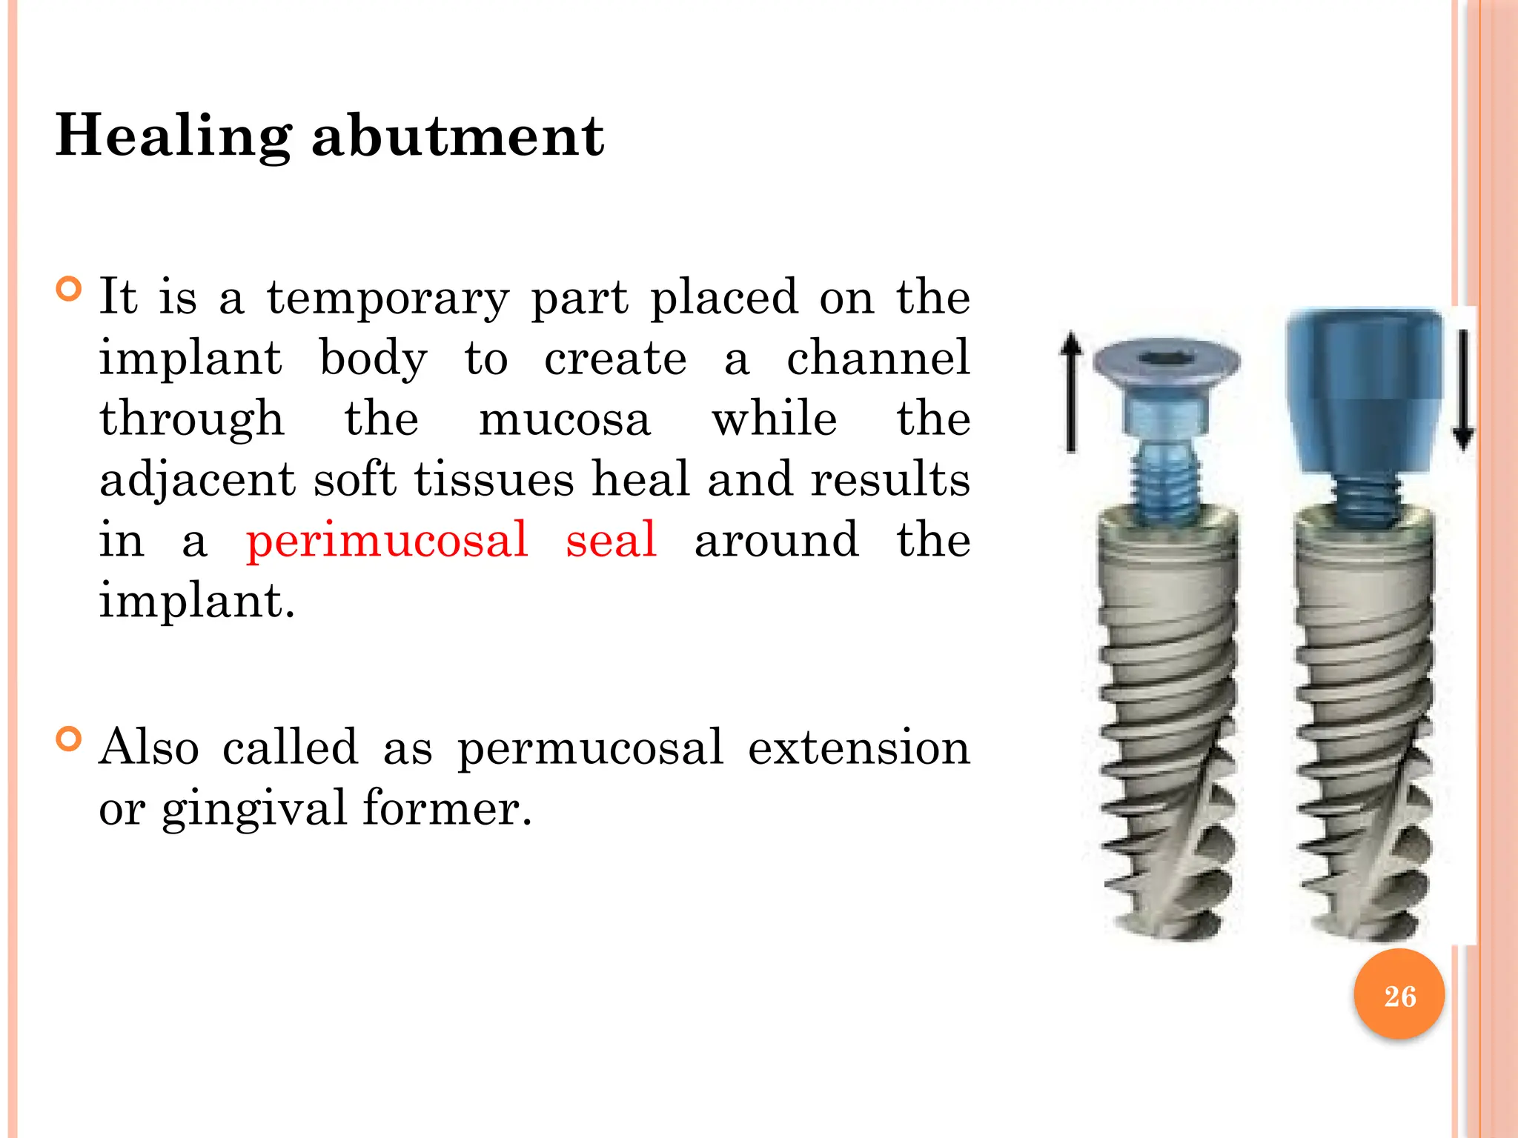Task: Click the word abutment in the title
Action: point(457,137)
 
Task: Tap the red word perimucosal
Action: point(387,540)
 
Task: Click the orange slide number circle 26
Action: point(1399,995)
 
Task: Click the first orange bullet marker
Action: point(68,288)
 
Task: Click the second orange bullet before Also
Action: point(68,739)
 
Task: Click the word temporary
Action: point(388,299)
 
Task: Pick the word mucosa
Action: point(565,419)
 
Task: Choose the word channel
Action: point(878,358)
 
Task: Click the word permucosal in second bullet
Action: point(590,748)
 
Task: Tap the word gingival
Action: point(253,810)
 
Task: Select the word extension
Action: point(858,748)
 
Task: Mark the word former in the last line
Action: point(447,808)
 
